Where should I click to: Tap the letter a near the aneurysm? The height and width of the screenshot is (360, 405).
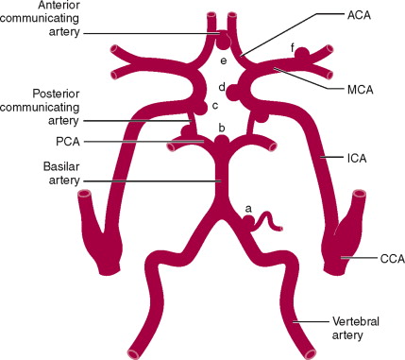point(248,206)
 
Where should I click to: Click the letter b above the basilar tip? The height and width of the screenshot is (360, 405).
point(221,127)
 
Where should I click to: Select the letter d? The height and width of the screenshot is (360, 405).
point(221,88)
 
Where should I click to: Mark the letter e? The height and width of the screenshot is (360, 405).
point(223,61)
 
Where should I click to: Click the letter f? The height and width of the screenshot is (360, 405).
point(293,44)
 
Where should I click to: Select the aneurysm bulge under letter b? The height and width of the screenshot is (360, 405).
point(221,140)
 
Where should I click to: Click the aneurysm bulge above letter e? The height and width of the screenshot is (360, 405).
point(223,42)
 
